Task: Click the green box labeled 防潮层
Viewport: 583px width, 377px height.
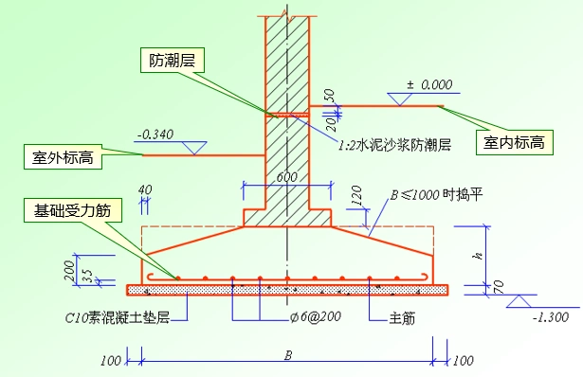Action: pyautogui.click(x=172, y=63)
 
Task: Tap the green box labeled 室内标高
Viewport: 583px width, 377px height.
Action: pyautogui.click(x=513, y=143)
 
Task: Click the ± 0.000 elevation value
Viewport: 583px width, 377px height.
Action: pyautogui.click(x=430, y=85)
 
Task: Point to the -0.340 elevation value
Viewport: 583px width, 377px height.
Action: pyautogui.click(x=155, y=134)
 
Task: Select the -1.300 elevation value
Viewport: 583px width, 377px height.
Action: pyautogui.click(x=550, y=317)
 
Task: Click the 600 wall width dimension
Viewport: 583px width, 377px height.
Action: pyautogui.click(x=286, y=176)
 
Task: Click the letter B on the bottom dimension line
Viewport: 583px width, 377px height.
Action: pyautogui.click(x=287, y=356)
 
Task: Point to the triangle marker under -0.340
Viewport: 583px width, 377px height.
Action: pyautogui.click(x=193, y=148)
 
